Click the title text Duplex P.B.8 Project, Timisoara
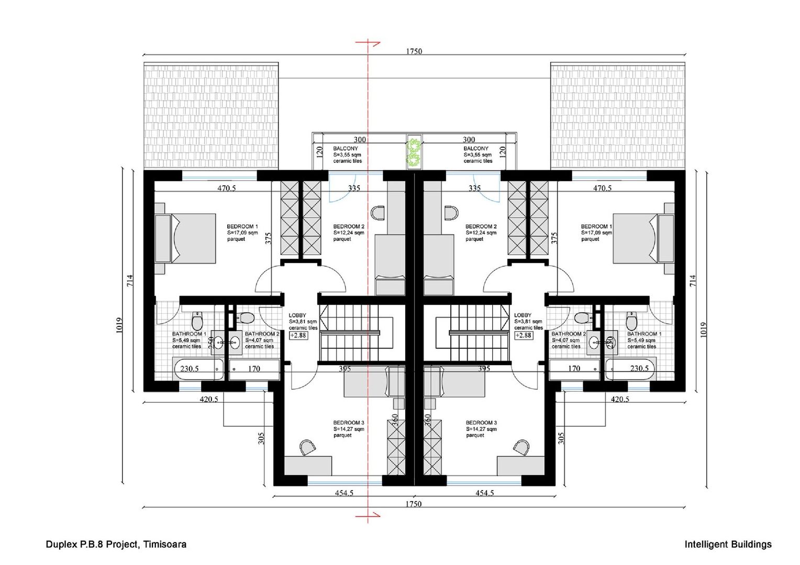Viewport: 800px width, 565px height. coord(116,544)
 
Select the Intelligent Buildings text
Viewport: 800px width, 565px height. coord(728,544)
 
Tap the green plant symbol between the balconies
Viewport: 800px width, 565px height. coord(415,152)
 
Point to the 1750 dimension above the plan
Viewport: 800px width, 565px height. coord(414,51)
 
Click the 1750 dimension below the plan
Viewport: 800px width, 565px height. coord(414,504)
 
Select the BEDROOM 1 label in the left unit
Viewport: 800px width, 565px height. coord(242,227)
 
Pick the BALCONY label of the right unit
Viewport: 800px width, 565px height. coord(475,149)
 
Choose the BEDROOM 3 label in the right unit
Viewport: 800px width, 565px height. coord(481,423)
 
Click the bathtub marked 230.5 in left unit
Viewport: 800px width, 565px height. coord(198,369)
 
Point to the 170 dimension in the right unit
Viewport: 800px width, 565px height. coord(574,369)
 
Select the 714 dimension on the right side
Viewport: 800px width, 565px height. coord(693,280)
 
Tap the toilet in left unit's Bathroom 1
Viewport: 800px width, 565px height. coord(197,320)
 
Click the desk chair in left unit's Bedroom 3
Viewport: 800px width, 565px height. coord(308,446)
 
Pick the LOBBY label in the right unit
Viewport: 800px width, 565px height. coord(523,315)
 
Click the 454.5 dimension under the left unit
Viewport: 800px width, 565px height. coord(343,493)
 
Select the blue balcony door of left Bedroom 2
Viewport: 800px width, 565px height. coord(337,190)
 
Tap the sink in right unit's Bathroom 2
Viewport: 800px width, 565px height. coord(594,343)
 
